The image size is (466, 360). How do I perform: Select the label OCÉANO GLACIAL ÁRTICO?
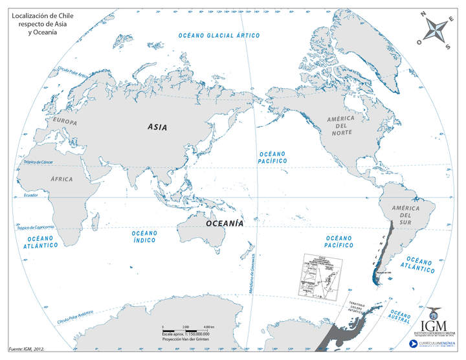220,35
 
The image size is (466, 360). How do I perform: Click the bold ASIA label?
157,127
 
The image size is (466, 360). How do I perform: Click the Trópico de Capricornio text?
35,227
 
